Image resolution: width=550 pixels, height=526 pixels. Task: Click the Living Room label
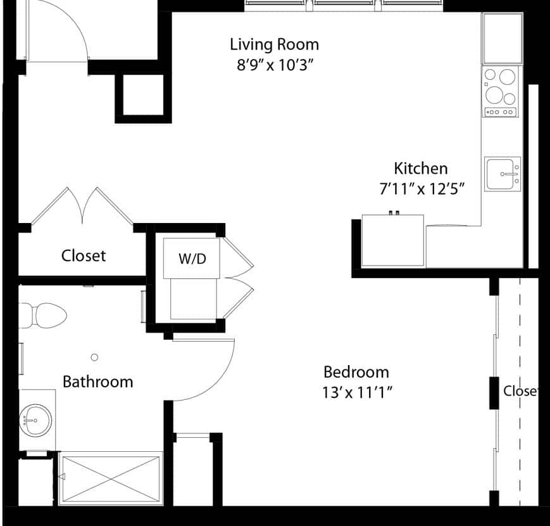(274, 45)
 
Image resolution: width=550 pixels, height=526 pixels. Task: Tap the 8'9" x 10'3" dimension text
(275, 65)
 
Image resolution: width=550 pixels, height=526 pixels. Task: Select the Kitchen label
(421, 169)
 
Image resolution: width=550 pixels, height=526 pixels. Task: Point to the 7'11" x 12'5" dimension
(422, 189)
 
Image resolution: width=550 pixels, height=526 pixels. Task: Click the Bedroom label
(356, 372)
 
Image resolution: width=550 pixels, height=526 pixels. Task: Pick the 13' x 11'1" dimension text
(357, 392)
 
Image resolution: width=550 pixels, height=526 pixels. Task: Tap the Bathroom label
(98, 382)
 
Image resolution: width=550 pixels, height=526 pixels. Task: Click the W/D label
(192, 259)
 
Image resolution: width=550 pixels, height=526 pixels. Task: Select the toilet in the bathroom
(42, 316)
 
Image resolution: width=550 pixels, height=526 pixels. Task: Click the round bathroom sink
(35, 420)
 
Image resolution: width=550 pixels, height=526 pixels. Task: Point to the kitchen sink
(503, 174)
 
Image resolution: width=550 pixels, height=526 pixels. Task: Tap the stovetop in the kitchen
(500, 92)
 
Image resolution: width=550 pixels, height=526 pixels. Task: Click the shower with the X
(111, 478)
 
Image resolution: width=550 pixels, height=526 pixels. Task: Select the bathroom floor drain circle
(94, 357)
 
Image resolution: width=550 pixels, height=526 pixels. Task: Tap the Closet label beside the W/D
(84, 255)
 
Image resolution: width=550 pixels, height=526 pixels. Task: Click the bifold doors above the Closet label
(82, 206)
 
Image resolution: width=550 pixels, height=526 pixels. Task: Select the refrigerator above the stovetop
(503, 38)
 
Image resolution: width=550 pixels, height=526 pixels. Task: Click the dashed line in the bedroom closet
(520, 392)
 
